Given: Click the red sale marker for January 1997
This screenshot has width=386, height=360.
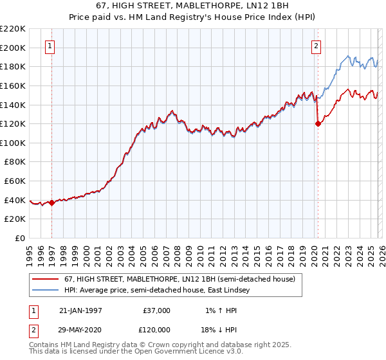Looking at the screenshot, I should pyautogui.click(x=52, y=203).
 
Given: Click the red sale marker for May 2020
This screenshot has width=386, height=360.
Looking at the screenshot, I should pyautogui.click(x=318, y=124).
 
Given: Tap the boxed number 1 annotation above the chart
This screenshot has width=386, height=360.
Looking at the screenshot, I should pyautogui.click(x=51, y=46).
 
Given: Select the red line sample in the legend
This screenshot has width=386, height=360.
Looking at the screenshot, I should pyautogui.click(x=46, y=280).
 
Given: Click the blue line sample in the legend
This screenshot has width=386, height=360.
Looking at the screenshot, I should pyautogui.click(x=46, y=291).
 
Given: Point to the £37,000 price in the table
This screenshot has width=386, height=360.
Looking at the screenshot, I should pyautogui.click(x=157, y=310).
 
